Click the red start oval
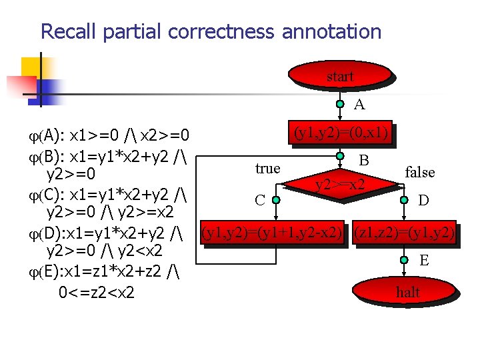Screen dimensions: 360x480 point(339,77)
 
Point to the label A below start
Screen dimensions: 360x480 point(359,104)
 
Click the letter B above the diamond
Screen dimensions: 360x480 point(364,160)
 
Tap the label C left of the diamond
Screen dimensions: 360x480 point(260,199)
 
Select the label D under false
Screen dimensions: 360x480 point(423,199)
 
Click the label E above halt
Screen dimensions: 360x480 point(423,261)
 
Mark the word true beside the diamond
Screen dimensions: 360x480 point(267,169)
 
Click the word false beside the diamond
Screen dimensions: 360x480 point(420,172)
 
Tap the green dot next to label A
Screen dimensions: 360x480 point(340,104)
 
